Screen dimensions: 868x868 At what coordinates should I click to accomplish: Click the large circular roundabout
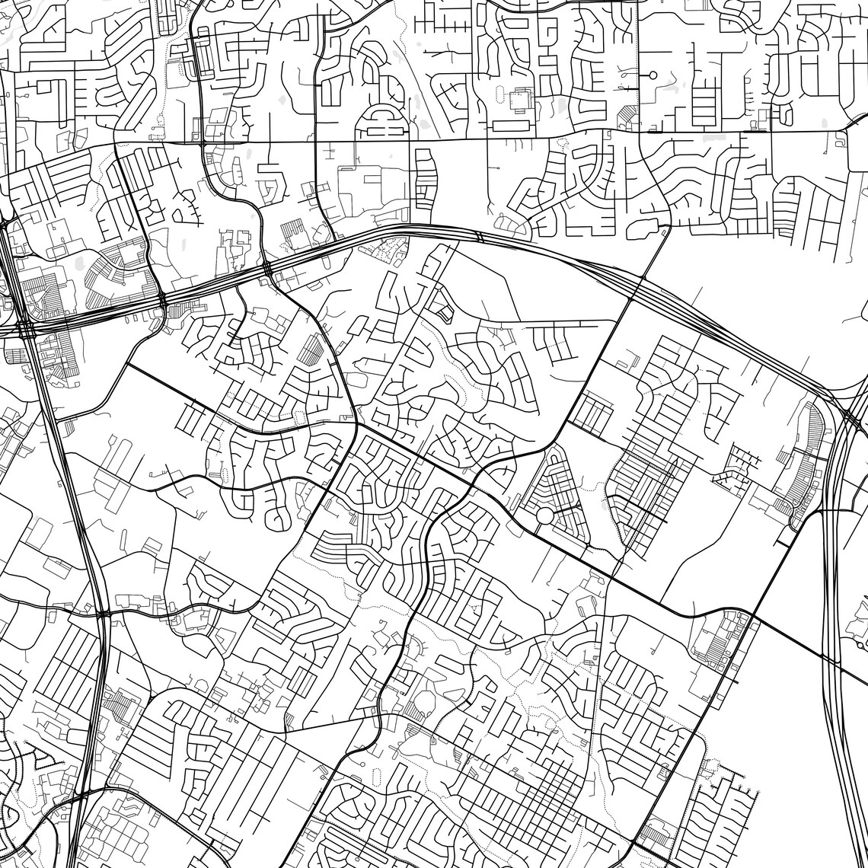click(x=545, y=515)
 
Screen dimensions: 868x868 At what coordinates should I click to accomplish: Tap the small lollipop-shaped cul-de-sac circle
click(x=653, y=75)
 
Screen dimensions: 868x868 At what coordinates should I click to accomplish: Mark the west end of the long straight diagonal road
click(x=126, y=365)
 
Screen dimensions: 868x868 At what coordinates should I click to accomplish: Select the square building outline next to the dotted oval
click(x=522, y=100)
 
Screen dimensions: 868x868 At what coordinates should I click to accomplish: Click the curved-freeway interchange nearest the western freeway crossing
click(x=163, y=302)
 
